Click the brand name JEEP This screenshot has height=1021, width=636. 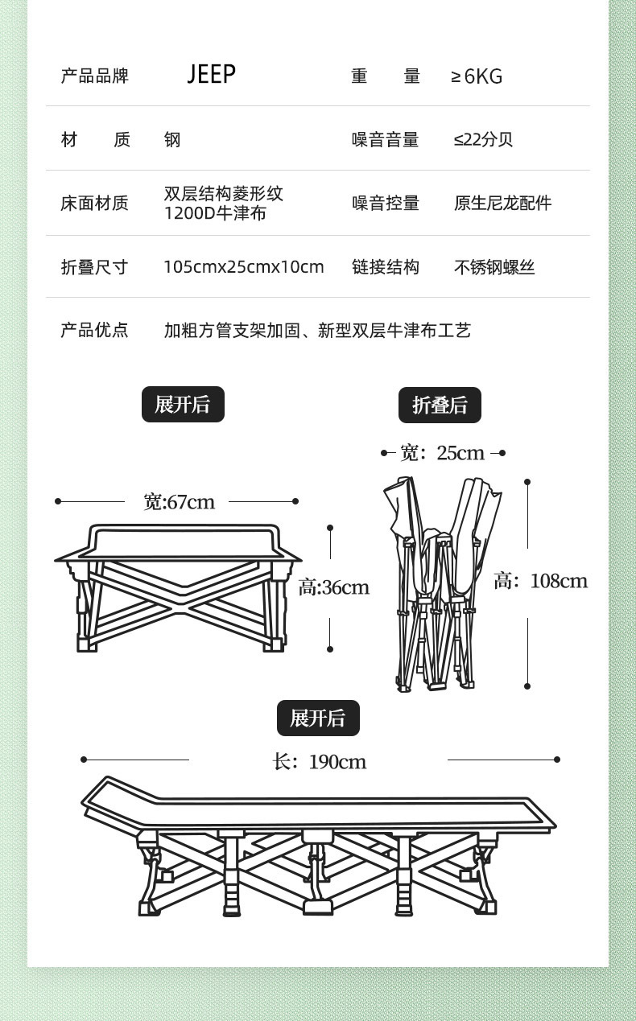click(x=211, y=74)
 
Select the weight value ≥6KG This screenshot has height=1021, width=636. click(x=477, y=76)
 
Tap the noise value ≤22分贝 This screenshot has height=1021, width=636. click(x=483, y=139)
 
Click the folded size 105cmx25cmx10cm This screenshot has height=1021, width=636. click(x=243, y=267)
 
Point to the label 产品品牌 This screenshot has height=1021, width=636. click(x=94, y=76)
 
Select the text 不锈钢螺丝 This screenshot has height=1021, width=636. click(x=494, y=267)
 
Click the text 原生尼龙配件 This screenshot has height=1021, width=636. click(x=502, y=203)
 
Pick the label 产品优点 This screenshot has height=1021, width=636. click(x=94, y=330)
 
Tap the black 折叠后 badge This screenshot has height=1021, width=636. click(x=440, y=405)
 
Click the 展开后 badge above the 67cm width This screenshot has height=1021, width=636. click(x=183, y=404)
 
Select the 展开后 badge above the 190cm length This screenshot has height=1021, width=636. click(x=318, y=718)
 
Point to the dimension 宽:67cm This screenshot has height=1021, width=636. click(x=179, y=502)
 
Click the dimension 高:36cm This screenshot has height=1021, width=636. click(x=333, y=587)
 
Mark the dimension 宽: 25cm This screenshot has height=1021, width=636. click(x=442, y=453)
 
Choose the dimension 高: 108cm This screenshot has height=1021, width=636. click(x=540, y=581)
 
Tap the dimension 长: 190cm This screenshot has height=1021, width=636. click(x=319, y=761)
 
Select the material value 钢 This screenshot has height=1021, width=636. click(x=172, y=140)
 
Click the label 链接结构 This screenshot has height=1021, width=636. click(x=385, y=267)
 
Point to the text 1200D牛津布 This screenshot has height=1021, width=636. click(x=215, y=213)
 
